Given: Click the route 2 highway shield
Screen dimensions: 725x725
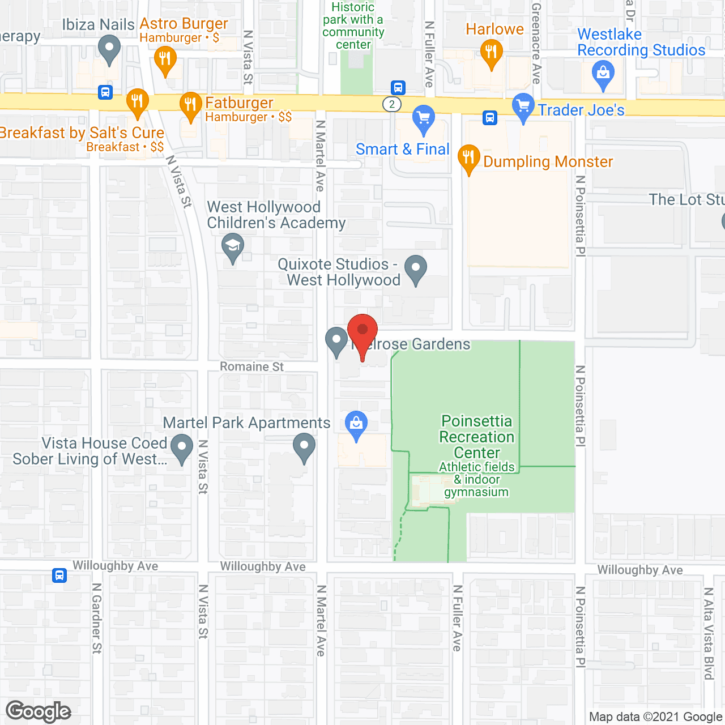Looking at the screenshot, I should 391,104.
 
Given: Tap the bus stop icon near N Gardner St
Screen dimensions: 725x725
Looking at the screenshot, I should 59,575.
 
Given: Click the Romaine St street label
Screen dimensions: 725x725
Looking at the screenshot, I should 251,367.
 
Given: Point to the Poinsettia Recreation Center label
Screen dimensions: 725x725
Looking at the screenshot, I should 477,437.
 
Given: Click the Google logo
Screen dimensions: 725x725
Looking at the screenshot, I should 39,711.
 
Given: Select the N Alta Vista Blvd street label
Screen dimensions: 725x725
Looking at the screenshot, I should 709,633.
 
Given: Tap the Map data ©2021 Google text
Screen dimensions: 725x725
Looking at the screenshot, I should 655,717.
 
